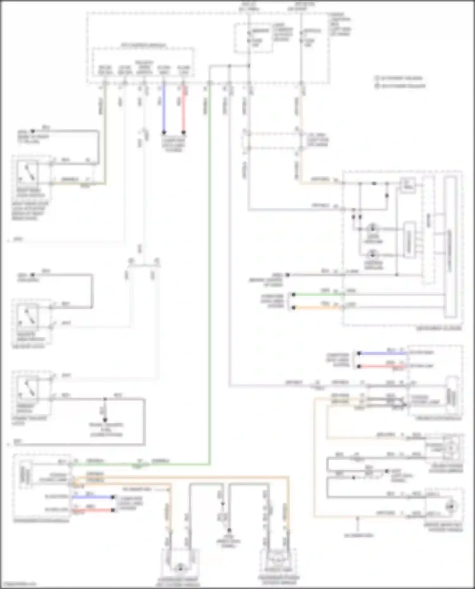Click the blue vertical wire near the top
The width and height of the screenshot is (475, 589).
[x=164, y=108]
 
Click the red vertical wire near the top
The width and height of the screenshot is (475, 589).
[x=183, y=108]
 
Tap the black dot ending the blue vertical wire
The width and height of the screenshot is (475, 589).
[x=164, y=132]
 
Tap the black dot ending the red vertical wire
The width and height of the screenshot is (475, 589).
[x=183, y=132]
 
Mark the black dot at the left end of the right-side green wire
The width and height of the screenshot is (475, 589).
[x=294, y=295]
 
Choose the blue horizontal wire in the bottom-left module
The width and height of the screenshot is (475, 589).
[x=92, y=497]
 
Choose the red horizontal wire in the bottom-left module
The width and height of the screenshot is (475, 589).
[x=92, y=510]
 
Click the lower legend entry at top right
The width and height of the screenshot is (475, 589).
[x=401, y=86]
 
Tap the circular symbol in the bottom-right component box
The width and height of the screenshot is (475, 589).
[x=450, y=507]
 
